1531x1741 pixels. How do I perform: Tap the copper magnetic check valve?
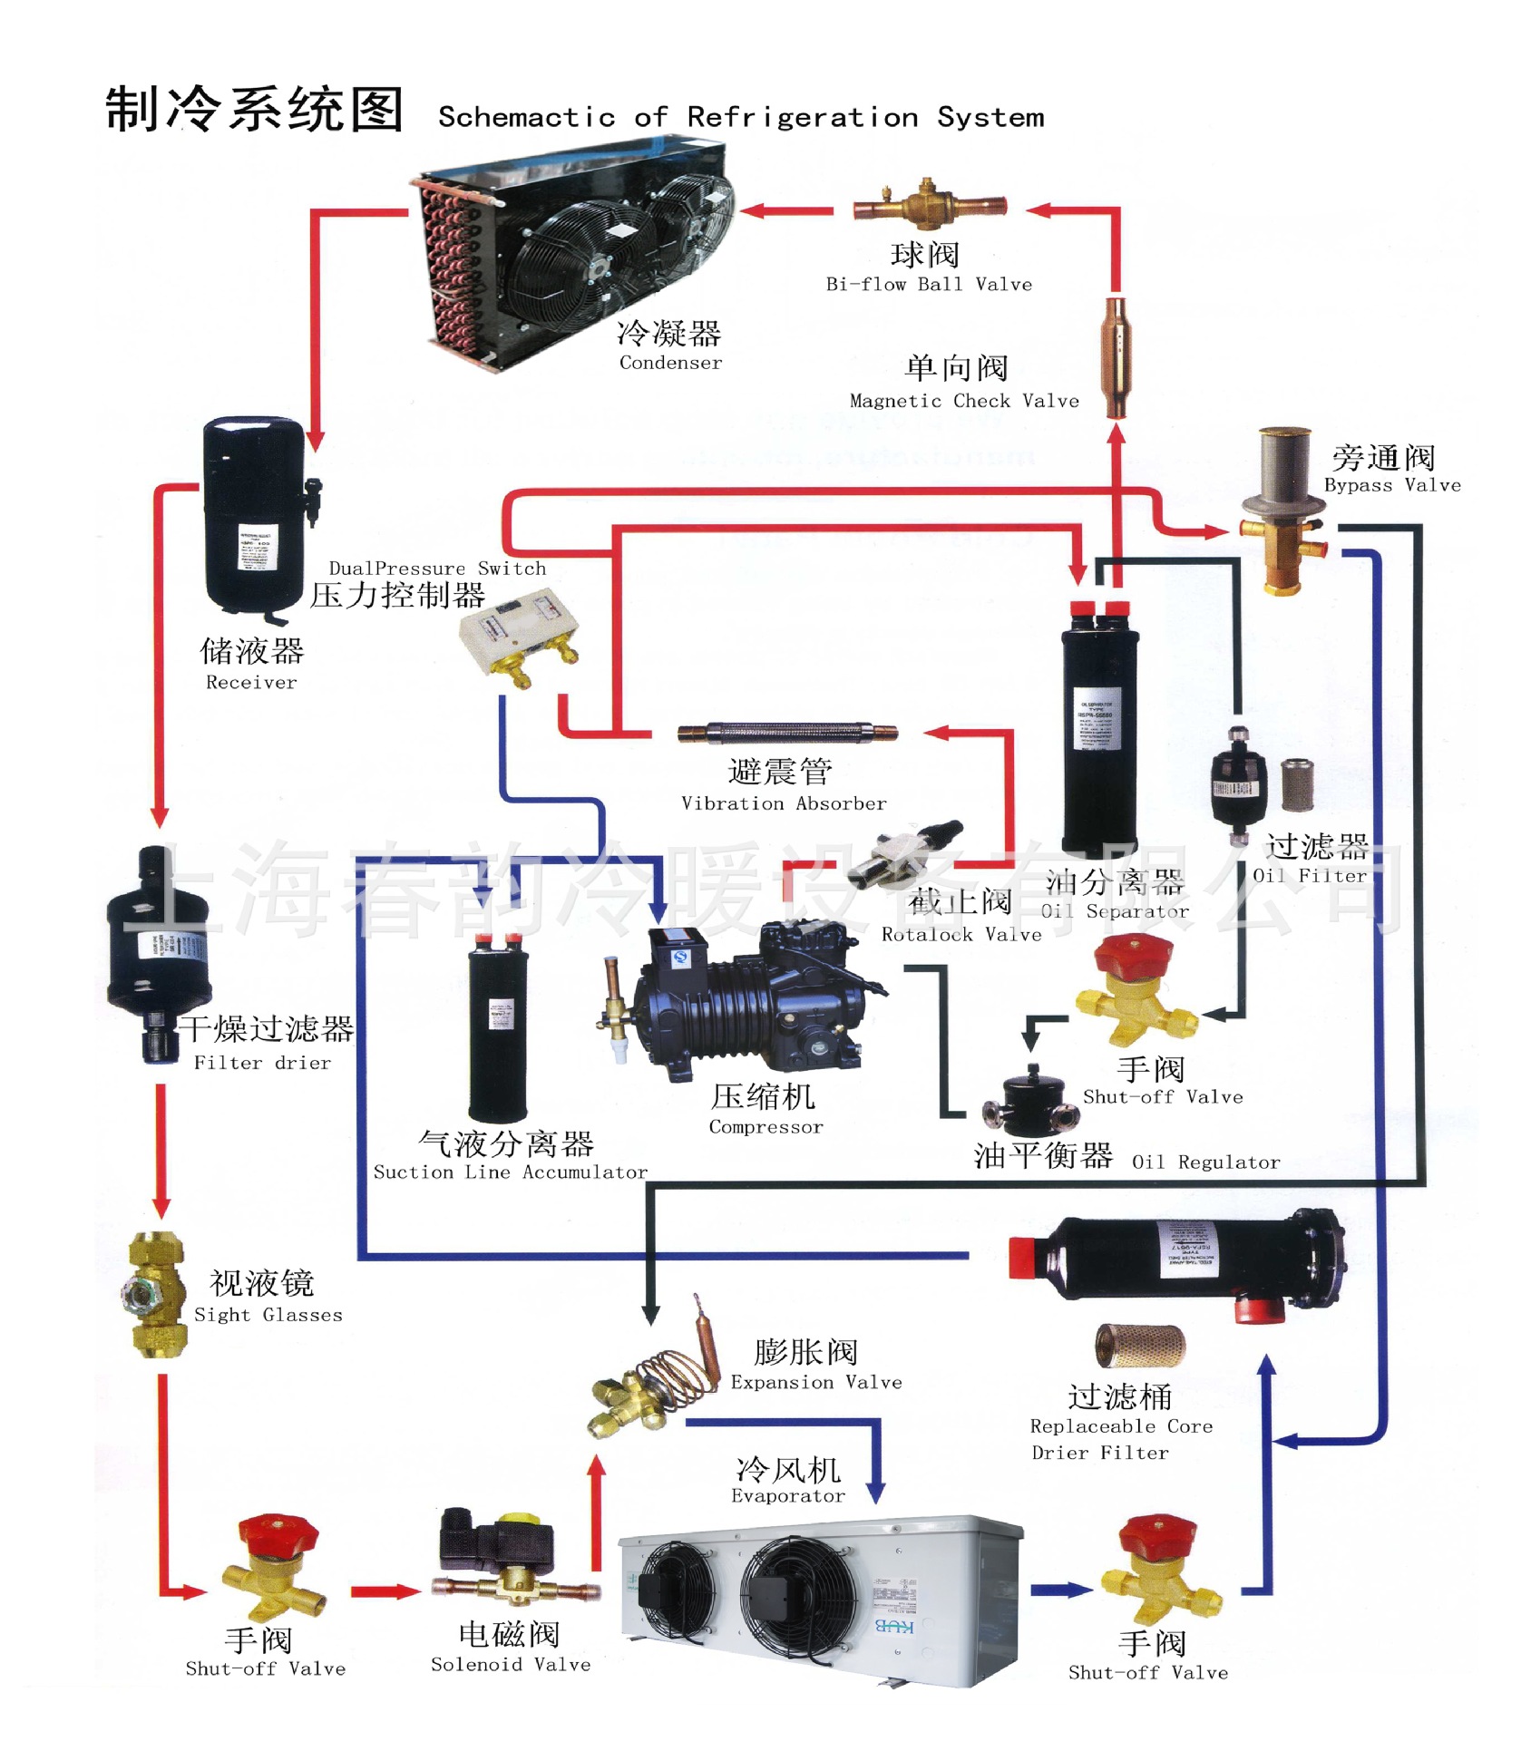[x=1117, y=356]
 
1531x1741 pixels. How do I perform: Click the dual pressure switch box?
[x=518, y=634]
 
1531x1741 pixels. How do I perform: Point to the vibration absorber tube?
[x=787, y=733]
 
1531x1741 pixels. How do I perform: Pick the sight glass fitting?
[x=156, y=1293]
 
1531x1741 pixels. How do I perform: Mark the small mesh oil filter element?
[x=1297, y=784]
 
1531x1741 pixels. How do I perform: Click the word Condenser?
[x=670, y=363]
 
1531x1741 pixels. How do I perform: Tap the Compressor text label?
[x=765, y=1127]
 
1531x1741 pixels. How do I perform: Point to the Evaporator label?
[x=787, y=1496]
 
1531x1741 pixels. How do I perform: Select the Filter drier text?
[x=262, y=1063]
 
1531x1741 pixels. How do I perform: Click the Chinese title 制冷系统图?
[x=254, y=110]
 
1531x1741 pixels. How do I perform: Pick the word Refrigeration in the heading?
[x=802, y=118]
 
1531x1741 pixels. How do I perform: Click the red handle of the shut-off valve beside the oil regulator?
[x=1133, y=955]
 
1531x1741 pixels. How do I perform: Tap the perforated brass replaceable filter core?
[x=1140, y=1346]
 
